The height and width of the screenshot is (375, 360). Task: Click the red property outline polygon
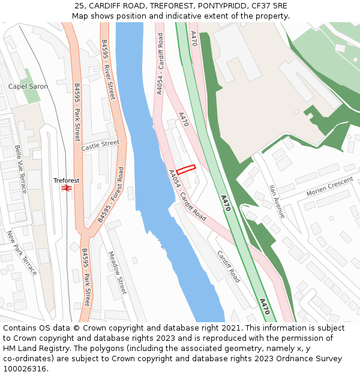(x=186, y=170)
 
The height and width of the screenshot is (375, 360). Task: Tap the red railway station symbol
(x=67, y=188)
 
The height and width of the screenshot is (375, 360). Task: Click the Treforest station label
(x=66, y=180)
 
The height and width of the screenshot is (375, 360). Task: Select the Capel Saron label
(x=28, y=86)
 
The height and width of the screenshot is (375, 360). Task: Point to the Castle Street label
(x=100, y=145)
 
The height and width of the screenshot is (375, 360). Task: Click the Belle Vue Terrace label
(x=21, y=169)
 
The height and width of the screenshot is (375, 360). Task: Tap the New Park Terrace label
(x=22, y=253)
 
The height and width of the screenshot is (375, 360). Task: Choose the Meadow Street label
(x=118, y=272)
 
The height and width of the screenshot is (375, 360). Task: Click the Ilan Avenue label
(x=277, y=201)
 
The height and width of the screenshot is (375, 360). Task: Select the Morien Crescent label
(x=329, y=187)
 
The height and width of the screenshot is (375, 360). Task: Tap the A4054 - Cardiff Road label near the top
(x=160, y=64)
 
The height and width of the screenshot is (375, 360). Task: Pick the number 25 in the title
(x=79, y=5)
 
